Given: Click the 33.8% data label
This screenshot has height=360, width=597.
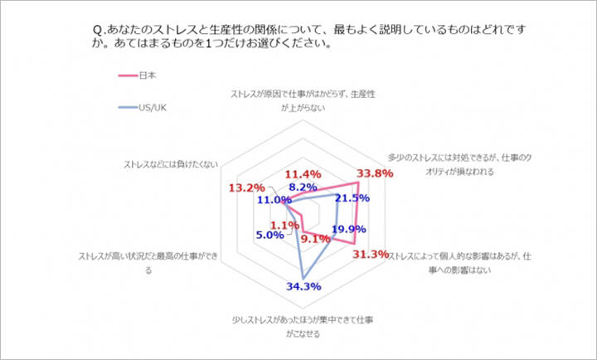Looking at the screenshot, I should click(375, 174).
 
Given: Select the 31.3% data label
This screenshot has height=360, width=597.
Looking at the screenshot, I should click(371, 254).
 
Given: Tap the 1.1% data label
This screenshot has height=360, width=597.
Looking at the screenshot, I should click(284, 225).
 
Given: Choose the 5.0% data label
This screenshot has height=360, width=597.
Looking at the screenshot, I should click(270, 236).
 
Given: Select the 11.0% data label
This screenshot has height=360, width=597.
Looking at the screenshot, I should click(274, 200).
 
